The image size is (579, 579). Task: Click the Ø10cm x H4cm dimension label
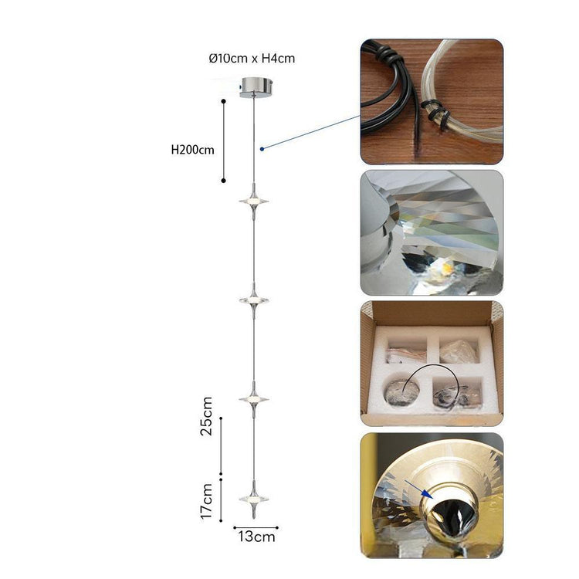coord(252,59)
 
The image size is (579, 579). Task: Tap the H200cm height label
coord(192,150)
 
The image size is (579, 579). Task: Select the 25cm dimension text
coord(207,416)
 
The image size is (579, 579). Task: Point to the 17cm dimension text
coord(207,501)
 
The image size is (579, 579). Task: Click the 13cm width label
coord(256,537)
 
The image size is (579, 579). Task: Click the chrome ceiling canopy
coord(255,87)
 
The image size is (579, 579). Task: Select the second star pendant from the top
coord(254,300)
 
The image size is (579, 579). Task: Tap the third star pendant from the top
coord(254,400)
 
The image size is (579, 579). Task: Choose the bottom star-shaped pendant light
coord(254,499)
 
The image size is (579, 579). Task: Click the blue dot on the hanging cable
coord(262,149)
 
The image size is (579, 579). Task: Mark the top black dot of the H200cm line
coord(223,101)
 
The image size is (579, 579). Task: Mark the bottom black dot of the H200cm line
coord(223,181)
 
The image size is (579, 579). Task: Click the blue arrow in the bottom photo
coord(417,489)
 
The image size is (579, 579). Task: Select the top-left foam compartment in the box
coord(406,350)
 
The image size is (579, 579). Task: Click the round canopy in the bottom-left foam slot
coord(401,392)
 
